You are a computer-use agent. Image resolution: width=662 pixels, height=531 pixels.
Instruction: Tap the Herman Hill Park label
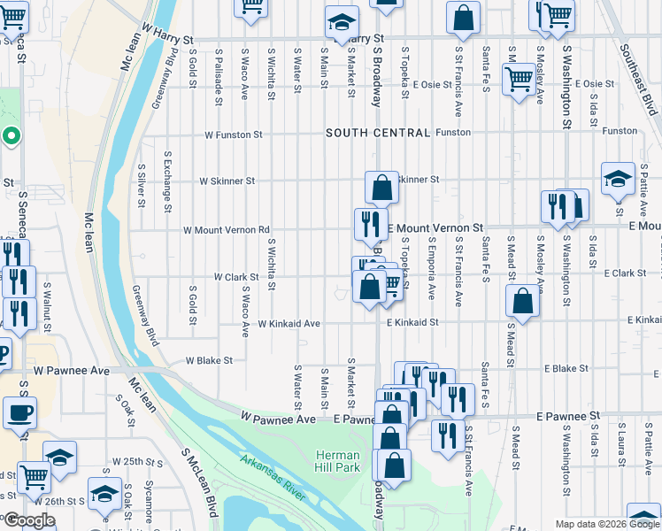click(337, 460)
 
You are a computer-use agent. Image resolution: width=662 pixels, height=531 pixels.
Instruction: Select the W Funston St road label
click(234, 135)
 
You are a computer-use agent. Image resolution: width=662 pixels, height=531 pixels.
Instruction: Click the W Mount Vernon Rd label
click(226, 230)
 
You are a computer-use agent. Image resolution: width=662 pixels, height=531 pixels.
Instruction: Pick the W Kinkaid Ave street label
click(289, 324)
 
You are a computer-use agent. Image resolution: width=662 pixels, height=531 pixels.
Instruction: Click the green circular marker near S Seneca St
click(11, 136)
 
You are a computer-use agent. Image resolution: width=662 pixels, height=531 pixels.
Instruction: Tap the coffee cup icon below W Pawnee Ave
click(19, 412)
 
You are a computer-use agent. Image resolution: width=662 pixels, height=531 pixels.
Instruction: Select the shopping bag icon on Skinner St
click(381, 188)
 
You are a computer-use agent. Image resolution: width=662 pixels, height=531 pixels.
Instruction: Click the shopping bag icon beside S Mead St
click(522, 301)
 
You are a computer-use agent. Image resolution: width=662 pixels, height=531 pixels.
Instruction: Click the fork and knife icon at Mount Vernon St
click(371, 223)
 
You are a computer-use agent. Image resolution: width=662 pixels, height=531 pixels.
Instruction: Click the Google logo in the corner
click(28, 521)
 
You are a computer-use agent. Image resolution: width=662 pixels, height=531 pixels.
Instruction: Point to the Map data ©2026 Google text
click(606, 524)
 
